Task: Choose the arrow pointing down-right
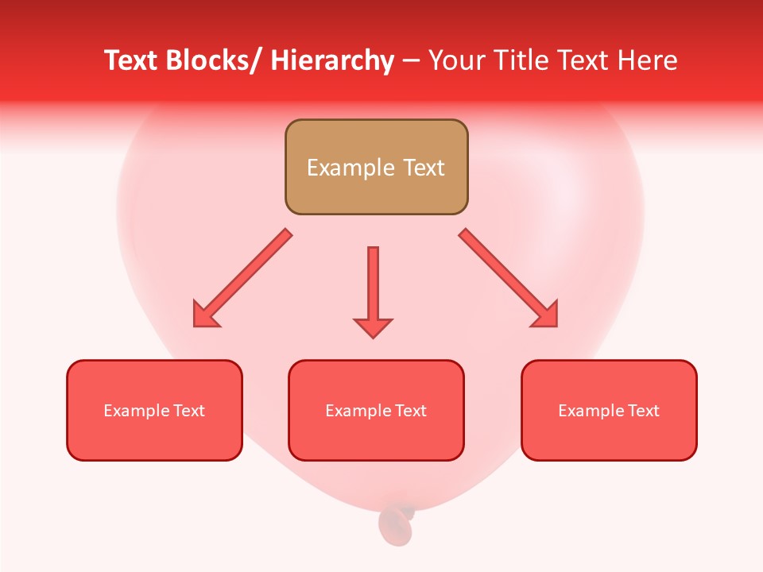tap(508, 277)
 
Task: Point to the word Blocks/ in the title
tap(211, 60)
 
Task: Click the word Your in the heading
tap(455, 60)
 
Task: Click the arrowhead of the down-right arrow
tap(544, 314)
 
